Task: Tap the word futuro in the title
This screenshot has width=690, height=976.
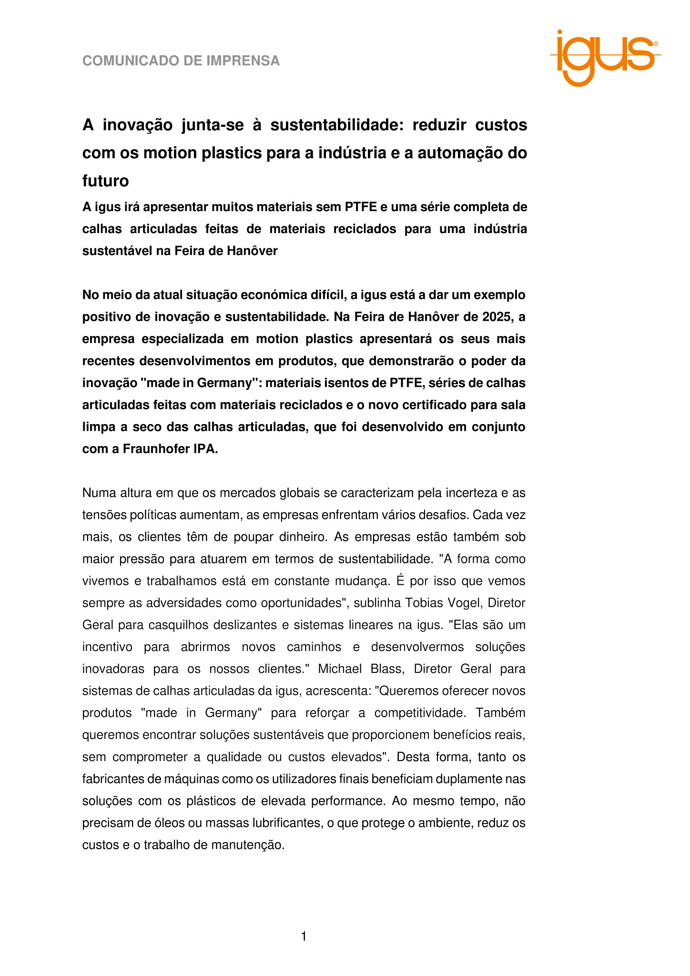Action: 105,181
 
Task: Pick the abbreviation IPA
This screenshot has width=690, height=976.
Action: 205,449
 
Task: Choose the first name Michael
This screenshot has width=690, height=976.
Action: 340,669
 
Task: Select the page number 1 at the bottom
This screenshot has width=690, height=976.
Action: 304,937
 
